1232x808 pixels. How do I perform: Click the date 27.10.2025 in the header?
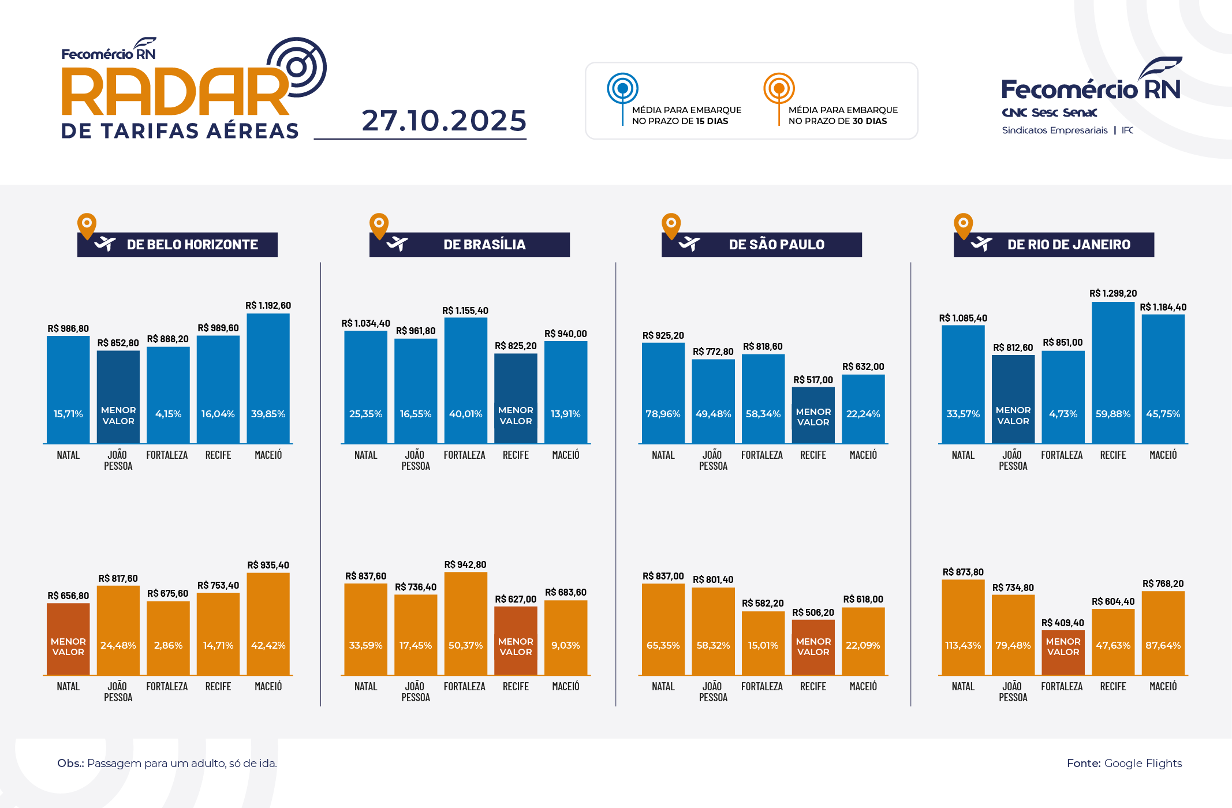click(444, 121)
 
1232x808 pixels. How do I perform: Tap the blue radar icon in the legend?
click(622, 89)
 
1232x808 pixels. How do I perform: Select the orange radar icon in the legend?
click(779, 89)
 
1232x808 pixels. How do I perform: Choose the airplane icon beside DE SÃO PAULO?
click(689, 244)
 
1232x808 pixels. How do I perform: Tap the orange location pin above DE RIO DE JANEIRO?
click(963, 225)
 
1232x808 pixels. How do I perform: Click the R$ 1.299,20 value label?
click(1112, 294)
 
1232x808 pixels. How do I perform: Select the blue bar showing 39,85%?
click(268, 378)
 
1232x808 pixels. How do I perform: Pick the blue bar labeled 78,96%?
click(663, 392)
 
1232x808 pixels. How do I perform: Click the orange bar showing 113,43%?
click(962, 627)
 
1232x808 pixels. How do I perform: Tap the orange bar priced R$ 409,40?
click(1063, 652)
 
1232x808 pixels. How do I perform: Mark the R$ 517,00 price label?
click(813, 380)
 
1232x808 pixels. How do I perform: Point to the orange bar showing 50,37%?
click(465, 623)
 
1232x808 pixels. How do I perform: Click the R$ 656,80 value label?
click(68, 596)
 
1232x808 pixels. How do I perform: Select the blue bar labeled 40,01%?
click(465, 380)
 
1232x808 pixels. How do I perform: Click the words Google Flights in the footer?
click(1143, 764)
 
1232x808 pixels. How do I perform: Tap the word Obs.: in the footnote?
click(70, 764)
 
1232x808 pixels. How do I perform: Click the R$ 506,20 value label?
click(813, 613)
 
